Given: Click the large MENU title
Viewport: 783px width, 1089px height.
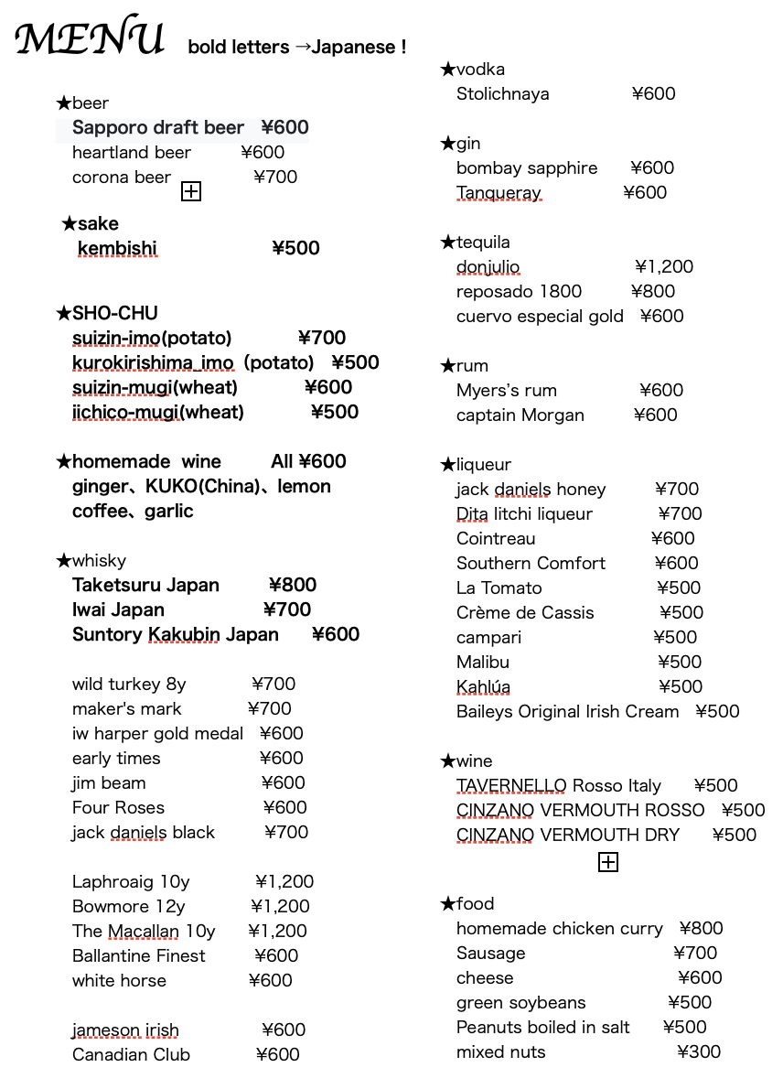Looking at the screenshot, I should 90,38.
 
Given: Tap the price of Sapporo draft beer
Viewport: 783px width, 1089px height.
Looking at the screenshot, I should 284,128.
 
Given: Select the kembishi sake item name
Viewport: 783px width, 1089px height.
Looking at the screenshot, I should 117,249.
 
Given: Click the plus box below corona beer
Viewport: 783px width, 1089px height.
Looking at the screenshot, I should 191,191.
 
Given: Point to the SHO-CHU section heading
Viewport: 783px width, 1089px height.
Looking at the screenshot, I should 107,314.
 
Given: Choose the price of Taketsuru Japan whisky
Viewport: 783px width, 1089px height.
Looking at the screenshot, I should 293,586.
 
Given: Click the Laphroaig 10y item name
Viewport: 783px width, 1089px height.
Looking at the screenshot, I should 131,882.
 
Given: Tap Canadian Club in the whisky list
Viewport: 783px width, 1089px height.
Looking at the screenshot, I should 131,1055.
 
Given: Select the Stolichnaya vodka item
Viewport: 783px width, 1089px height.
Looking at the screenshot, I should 503,94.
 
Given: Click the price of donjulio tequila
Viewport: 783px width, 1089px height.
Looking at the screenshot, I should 664,267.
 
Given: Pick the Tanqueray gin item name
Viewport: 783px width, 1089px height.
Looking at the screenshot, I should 499,193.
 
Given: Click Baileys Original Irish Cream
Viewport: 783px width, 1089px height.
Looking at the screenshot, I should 567,712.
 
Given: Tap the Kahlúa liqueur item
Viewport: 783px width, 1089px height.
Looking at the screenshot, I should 483,687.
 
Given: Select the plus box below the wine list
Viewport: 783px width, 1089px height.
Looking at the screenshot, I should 607,862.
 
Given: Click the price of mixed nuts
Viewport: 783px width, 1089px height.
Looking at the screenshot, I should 699,1052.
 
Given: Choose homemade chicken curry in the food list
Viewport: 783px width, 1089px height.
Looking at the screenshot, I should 559,929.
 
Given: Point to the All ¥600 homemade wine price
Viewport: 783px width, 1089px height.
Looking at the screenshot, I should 308,462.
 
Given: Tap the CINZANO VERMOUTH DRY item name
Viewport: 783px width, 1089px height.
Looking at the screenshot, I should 567,836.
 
